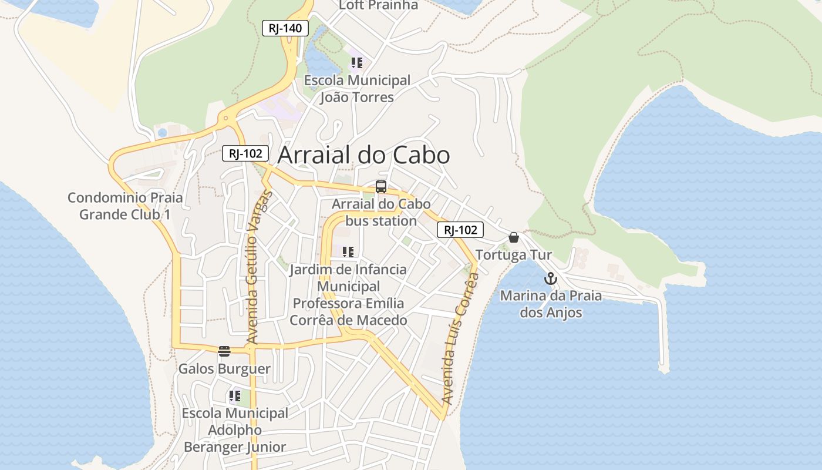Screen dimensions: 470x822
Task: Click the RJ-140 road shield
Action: (x=285, y=28)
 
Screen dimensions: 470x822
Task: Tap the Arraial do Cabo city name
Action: (x=363, y=155)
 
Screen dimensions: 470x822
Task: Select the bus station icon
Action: (x=381, y=187)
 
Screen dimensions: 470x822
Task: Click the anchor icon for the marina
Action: (x=550, y=278)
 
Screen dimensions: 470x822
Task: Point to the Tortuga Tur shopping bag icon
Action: (x=514, y=237)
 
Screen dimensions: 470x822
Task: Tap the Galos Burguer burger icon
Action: (x=224, y=351)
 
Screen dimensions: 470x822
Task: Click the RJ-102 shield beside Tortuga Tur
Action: (x=460, y=230)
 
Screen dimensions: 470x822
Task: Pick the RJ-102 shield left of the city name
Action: (x=245, y=154)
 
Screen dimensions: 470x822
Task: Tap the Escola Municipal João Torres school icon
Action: (x=356, y=63)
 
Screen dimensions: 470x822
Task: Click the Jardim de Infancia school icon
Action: (x=348, y=252)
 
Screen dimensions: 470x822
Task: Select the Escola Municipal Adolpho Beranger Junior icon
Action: (x=235, y=396)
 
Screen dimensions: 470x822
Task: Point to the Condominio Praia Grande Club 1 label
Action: (x=125, y=206)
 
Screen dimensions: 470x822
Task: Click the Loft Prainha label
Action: (x=379, y=5)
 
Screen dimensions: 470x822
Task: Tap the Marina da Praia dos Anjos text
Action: (x=551, y=304)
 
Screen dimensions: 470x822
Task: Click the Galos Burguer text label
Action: (x=224, y=369)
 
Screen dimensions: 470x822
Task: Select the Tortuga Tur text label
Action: (x=514, y=255)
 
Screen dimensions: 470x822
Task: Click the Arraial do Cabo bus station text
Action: (x=381, y=213)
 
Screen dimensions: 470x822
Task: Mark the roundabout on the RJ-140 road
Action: (x=225, y=118)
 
